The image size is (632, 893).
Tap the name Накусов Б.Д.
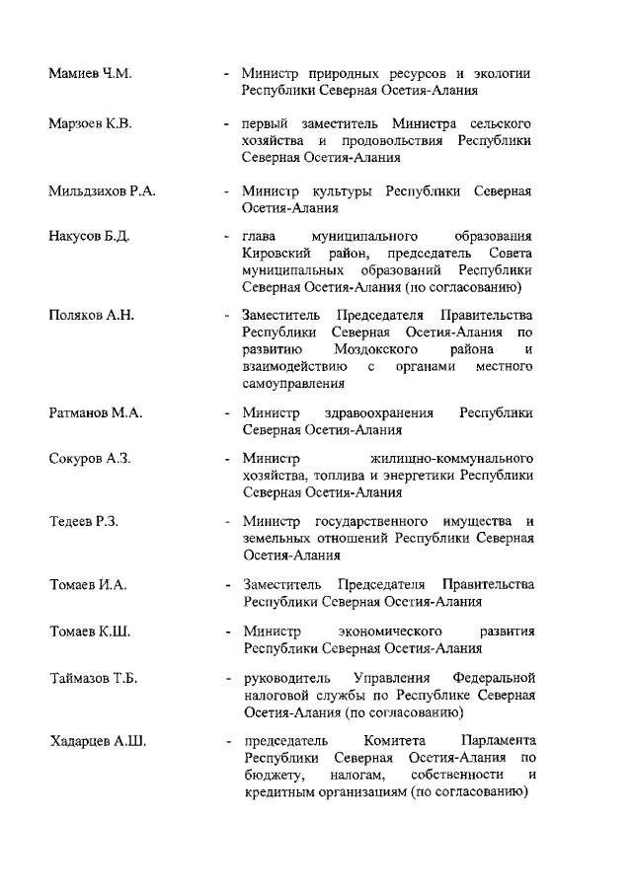pyautogui.click(x=89, y=237)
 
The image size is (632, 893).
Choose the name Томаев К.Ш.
pyautogui.click(x=90, y=631)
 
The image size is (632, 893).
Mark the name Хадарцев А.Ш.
pyautogui.click(x=98, y=741)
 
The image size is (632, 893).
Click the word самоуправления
pyautogui.click(x=293, y=383)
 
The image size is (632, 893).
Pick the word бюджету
pyautogui.click(x=272, y=775)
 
